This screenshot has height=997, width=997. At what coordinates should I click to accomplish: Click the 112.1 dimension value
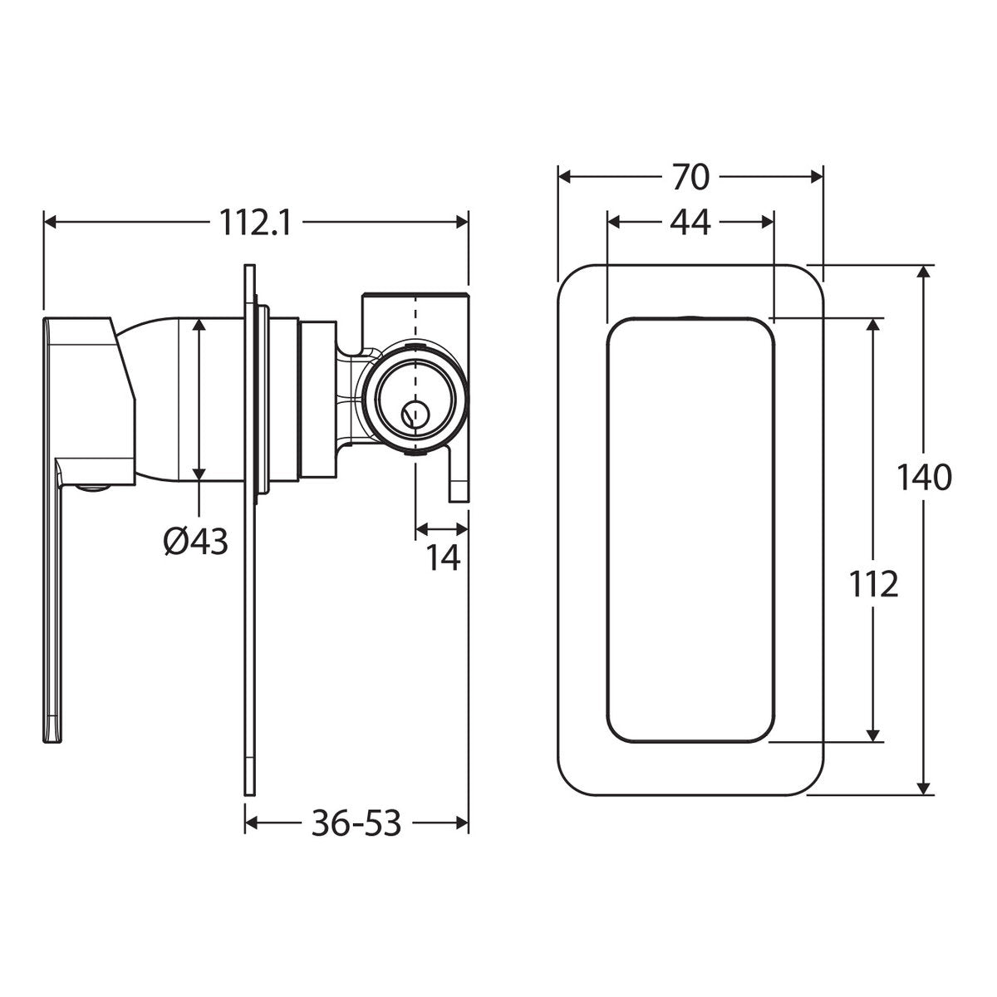(x=256, y=222)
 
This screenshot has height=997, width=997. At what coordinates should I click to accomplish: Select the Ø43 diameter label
(x=196, y=542)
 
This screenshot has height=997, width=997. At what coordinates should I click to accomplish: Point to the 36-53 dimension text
(x=356, y=823)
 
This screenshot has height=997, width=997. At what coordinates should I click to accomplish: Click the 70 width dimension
(x=690, y=177)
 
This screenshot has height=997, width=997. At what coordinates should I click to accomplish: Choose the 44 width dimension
(x=690, y=223)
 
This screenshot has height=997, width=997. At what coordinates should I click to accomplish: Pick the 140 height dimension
(x=925, y=478)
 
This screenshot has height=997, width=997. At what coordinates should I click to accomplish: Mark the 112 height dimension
(x=873, y=585)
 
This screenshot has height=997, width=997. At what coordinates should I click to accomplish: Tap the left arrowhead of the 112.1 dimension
(x=50, y=222)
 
